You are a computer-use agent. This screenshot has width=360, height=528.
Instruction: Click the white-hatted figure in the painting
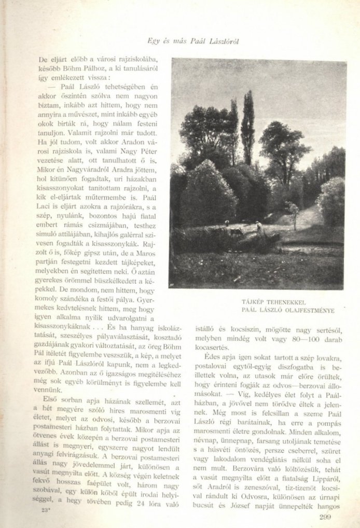pyautogui.click(x=258, y=225)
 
